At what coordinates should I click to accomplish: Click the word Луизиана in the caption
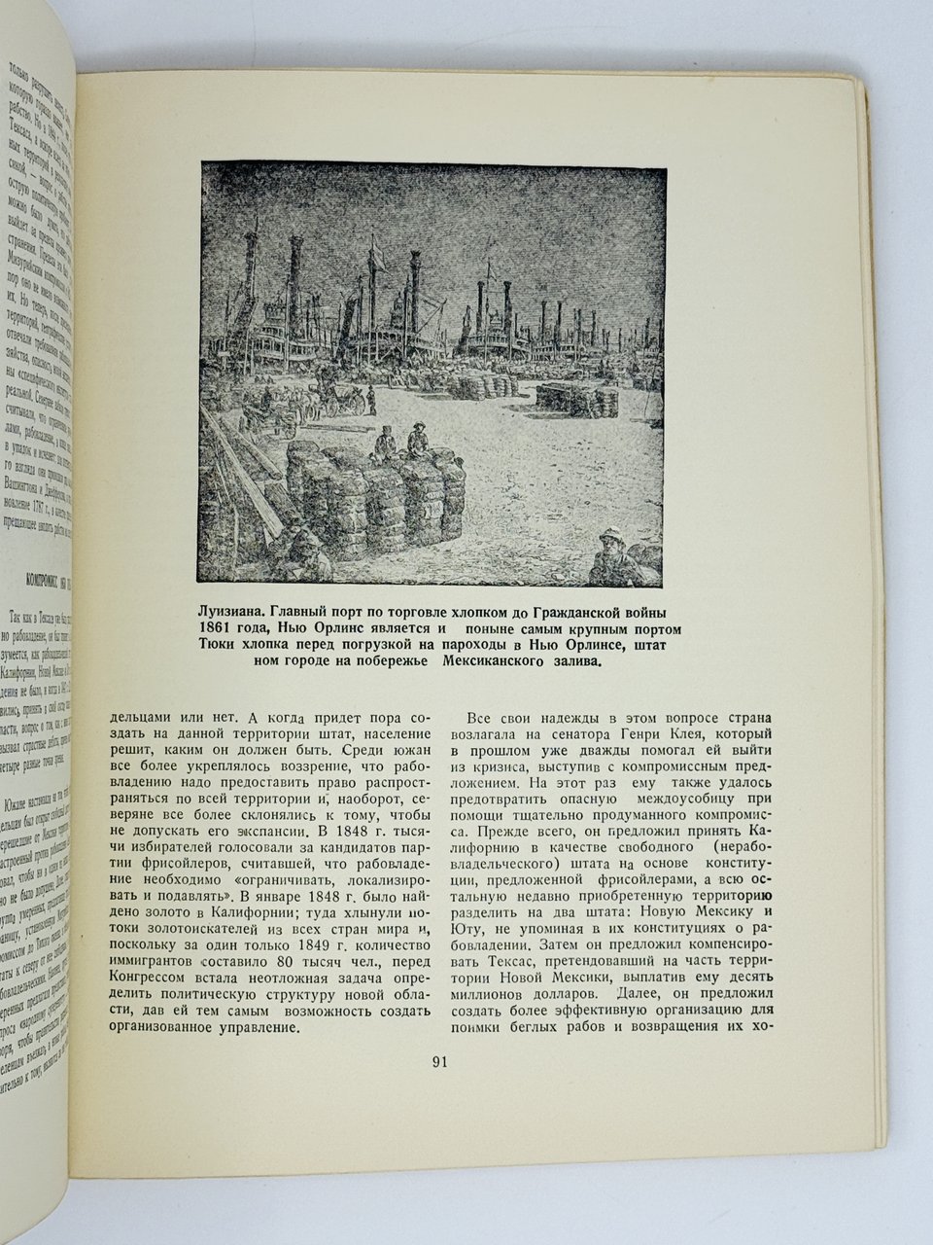(233, 613)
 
